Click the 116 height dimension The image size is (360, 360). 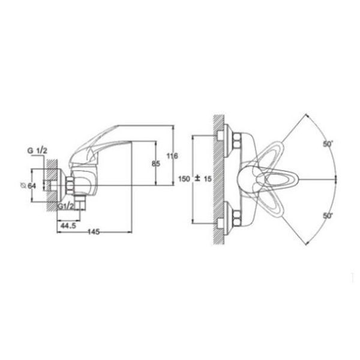pos(172,156)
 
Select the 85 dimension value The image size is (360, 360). pos(156,164)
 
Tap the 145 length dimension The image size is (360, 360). pos(94,232)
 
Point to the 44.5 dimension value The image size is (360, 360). pos(68,226)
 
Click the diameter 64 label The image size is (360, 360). pos(28,186)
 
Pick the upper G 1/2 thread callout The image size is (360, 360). pos(37,151)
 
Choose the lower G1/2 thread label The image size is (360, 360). pos(66,206)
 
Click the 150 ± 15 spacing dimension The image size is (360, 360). pos(195,179)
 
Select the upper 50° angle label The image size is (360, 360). pos(328,144)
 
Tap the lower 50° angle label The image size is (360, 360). pos(328,216)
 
